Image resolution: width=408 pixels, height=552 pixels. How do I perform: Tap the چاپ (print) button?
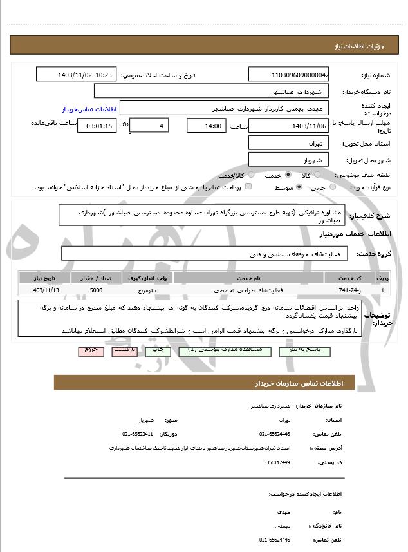click(157, 351)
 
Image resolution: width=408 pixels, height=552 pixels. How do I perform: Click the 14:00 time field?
click(206, 126)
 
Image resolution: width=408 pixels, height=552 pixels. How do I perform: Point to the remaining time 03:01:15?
click(97, 126)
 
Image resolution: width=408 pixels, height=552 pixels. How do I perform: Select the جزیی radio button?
click(333, 187)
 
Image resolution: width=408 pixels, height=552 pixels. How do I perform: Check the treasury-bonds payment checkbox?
click(248, 187)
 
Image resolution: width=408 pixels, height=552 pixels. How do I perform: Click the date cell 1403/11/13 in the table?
click(44, 290)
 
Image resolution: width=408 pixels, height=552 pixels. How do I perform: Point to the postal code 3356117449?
click(277, 462)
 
